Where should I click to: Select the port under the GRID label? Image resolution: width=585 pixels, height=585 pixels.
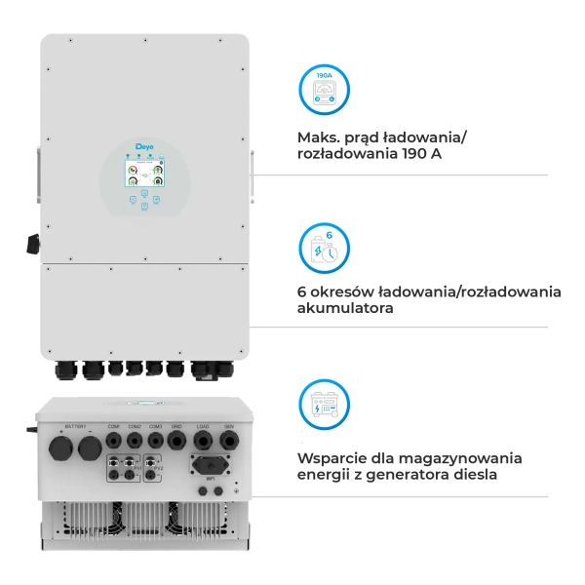[176, 441]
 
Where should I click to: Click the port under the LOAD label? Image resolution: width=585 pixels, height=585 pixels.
[203, 441]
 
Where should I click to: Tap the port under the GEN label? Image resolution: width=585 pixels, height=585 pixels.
[228, 441]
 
